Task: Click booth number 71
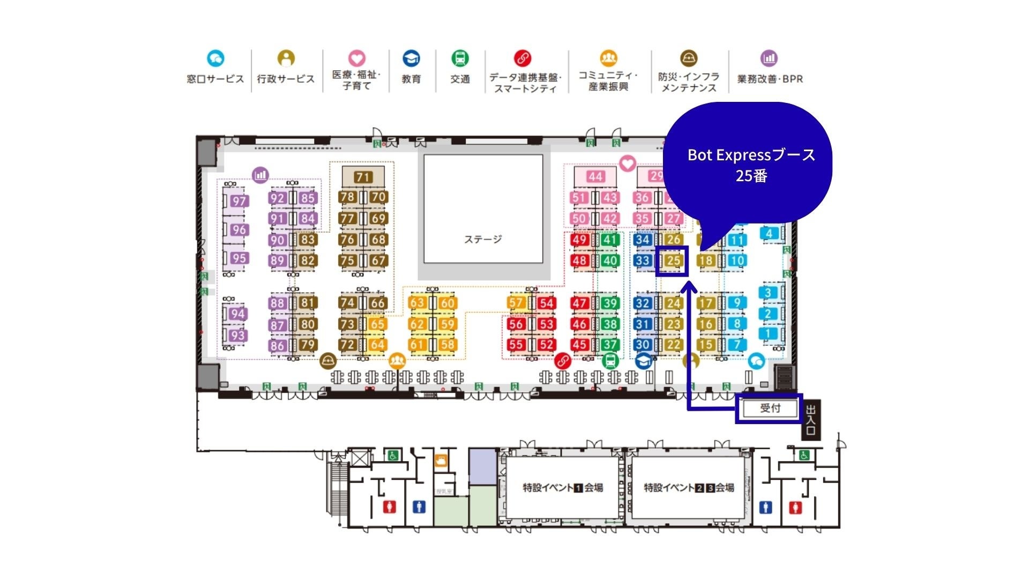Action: (x=363, y=176)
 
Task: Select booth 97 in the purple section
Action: (x=238, y=201)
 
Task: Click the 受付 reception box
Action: (x=770, y=408)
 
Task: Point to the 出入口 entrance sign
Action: (x=810, y=420)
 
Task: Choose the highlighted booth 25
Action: (x=673, y=261)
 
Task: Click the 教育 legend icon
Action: (x=411, y=58)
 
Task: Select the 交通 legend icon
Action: (x=460, y=58)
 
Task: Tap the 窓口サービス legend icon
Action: (x=215, y=58)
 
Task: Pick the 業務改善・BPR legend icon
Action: (x=769, y=58)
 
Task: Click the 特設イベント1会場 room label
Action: (x=563, y=487)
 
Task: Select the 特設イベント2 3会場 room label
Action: (x=689, y=487)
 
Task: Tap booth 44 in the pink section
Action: (x=595, y=176)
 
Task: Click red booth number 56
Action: (x=516, y=324)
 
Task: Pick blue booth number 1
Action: (x=767, y=334)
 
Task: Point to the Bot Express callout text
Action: (x=751, y=165)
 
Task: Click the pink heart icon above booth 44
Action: (x=627, y=163)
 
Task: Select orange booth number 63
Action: (x=417, y=303)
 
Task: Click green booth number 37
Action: (x=610, y=345)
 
